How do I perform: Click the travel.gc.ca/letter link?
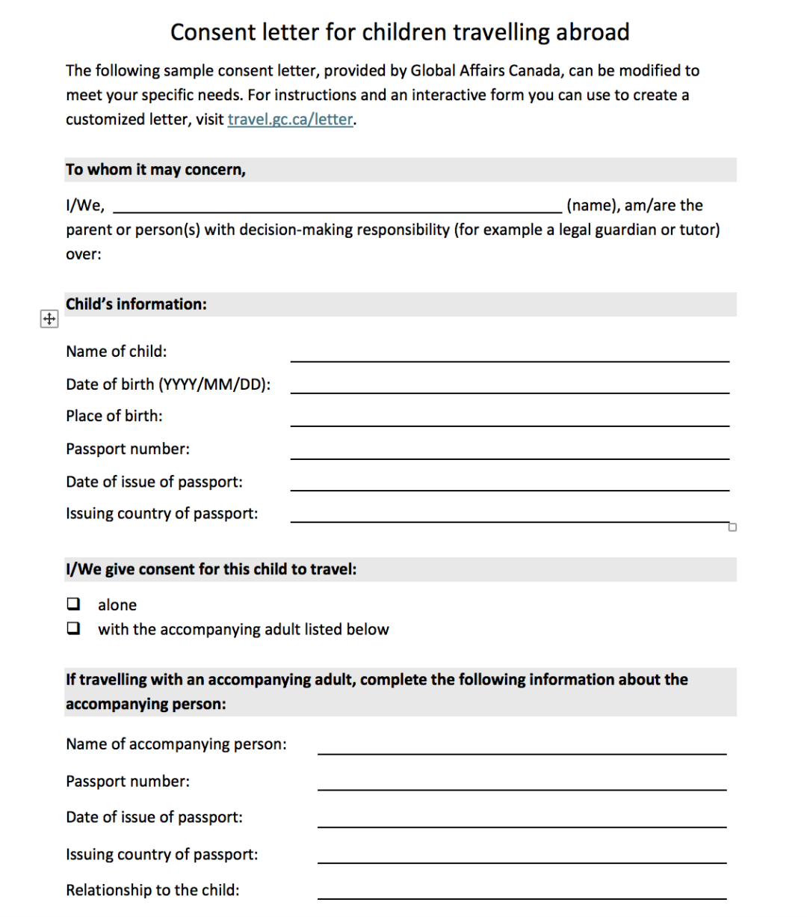point(290,120)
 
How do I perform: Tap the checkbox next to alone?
point(73,604)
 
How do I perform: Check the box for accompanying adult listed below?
point(73,628)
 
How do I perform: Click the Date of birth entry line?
point(510,387)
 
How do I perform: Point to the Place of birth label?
point(114,416)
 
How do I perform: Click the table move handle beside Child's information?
point(48,319)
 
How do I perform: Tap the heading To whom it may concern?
point(155,170)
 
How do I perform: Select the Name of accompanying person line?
point(522,747)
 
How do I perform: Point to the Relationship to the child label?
point(152,890)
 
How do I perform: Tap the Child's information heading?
point(136,304)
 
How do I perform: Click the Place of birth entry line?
point(510,420)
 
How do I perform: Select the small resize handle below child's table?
point(732,527)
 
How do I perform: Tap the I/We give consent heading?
point(211,569)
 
